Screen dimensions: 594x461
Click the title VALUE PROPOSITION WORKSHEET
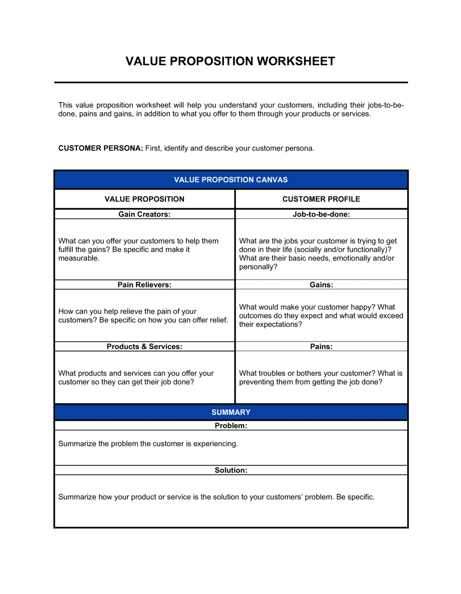(230, 61)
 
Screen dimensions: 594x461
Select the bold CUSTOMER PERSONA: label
(100, 148)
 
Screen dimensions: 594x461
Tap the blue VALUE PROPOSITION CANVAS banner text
(230, 180)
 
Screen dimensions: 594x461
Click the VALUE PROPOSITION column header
(144, 199)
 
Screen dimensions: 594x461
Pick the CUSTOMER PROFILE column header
(321, 199)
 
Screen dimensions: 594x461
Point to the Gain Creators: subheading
(144, 214)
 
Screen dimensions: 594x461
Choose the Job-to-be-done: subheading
(321, 214)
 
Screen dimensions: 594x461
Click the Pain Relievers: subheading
(144, 285)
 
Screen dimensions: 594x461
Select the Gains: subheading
(321, 285)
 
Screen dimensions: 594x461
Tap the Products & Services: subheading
(144, 346)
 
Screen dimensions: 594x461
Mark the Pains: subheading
(321, 346)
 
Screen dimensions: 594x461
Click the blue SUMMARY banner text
(230, 412)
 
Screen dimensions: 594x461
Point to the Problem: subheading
(230, 425)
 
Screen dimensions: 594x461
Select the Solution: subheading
(230, 470)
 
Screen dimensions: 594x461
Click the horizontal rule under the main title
(230, 82)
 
